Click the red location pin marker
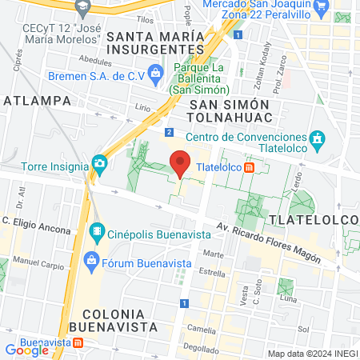[x=181, y=162]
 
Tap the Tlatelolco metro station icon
[x=250, y=168]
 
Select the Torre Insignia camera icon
[x=100, y=163]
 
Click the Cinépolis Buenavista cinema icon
[x=97, y=234]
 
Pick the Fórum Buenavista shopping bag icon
[x=91, y=260]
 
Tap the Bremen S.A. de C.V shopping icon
[x=154, y=75]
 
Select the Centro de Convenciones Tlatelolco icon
[x=317, y=139]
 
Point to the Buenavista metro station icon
[x=78, y=342]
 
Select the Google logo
[x=27, y=350]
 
